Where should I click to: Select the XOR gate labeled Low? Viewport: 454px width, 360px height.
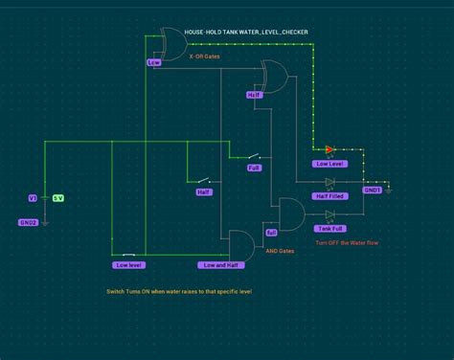coord(173,44)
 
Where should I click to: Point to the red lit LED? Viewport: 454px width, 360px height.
coord(329,149)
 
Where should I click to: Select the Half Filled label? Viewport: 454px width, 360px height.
coord(329,196)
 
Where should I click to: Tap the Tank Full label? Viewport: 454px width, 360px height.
coord(332,228)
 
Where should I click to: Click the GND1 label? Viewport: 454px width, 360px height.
coord(374,190)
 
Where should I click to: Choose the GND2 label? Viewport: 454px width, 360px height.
coord(29,221)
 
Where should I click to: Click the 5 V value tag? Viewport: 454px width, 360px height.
coord(57,198)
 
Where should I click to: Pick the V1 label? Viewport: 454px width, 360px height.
coord(32,198)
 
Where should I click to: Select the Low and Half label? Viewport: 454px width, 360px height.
coord(221,264)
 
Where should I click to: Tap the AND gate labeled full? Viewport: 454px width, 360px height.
coord(288,214)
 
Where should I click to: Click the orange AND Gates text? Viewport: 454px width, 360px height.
coord(280,250)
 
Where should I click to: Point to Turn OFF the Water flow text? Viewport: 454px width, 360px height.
coord(347,243)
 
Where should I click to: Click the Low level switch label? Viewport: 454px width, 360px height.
coord(127,264)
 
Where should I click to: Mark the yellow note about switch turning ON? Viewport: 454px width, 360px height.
coord(179,290)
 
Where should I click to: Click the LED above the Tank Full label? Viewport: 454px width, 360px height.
coord(330,214)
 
